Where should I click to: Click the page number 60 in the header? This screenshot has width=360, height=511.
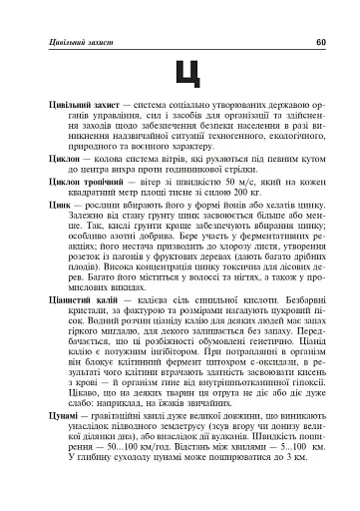320,42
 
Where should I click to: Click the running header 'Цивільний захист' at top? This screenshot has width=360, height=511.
72,42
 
